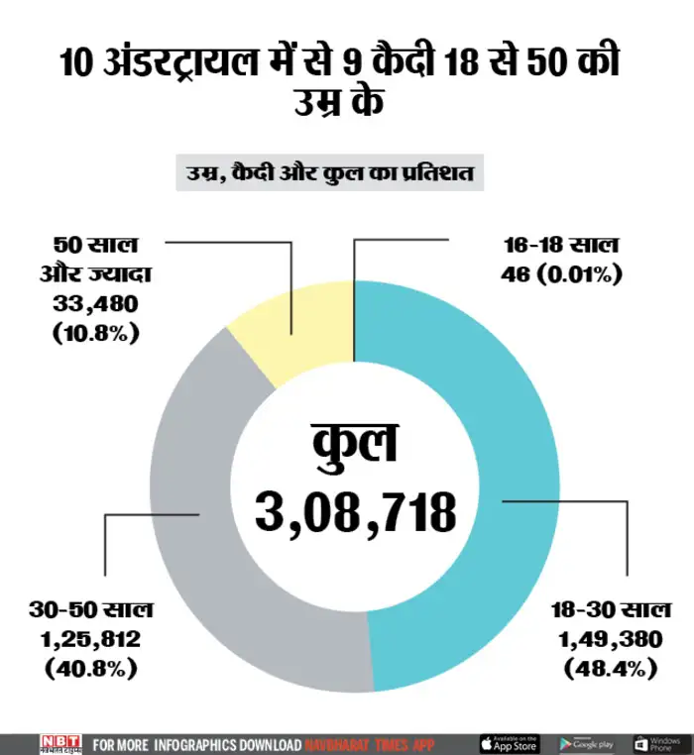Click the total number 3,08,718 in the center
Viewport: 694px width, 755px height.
pos(355,512)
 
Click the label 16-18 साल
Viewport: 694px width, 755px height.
pos(562,245)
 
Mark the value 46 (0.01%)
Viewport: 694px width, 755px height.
pos(562,273)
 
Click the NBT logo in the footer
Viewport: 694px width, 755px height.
pos(59,743)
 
